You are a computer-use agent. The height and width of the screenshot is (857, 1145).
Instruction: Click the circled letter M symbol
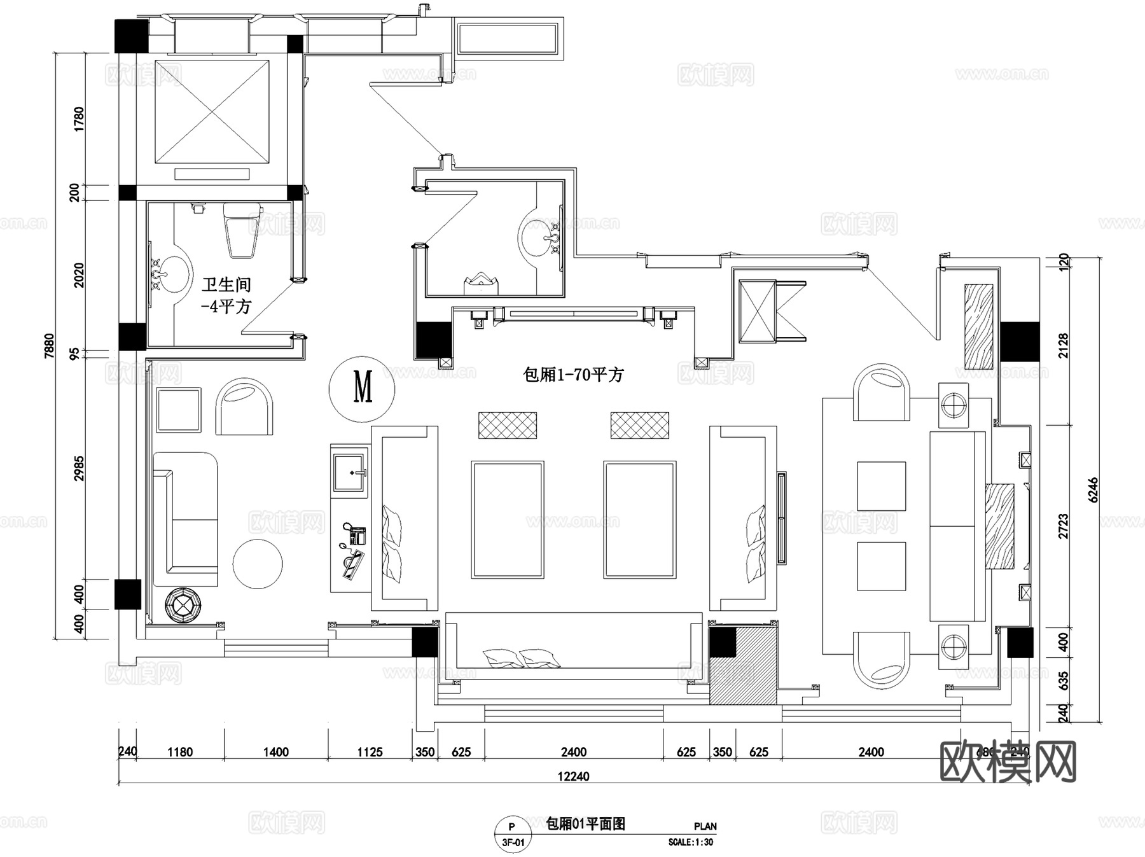click(x=362, y=388)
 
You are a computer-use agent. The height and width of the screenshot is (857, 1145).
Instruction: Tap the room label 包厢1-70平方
click(x=572, y=375)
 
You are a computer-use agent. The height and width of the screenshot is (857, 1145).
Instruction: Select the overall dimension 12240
click(x=573, y=776)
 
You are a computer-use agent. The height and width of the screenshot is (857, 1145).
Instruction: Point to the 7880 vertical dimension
click(x=50, y=347)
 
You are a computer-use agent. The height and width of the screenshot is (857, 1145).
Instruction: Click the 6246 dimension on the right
click(x=1093, y=490)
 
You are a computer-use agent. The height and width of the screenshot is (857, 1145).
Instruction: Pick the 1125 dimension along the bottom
click(x=370, y=752)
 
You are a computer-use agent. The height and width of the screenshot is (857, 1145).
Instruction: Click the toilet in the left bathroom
click(x=242, y=229)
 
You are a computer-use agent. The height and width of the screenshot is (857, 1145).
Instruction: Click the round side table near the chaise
click(x=258, y=564)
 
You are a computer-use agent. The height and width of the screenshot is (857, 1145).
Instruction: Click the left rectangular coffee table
click(x=507, y=519)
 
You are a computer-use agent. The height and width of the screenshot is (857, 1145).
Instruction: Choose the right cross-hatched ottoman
click(x=639, y=425)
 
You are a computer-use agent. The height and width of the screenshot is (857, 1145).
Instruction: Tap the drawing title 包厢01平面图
click(x=586, y=824)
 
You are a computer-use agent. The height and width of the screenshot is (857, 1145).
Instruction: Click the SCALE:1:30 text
click(x=690, y=842)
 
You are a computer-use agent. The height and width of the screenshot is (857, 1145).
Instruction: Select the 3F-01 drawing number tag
click(x=513, y=843)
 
